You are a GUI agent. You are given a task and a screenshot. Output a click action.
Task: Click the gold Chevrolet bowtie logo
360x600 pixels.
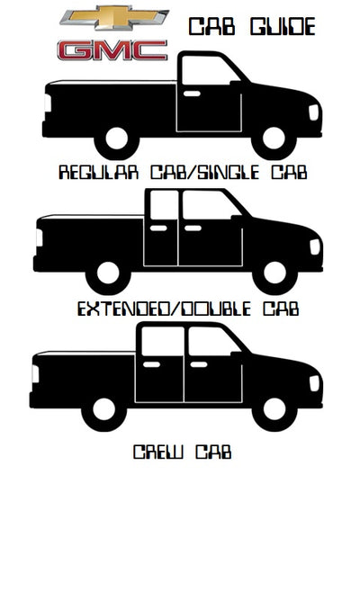click(114, 18)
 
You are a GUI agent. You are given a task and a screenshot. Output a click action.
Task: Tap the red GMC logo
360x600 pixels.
click(112, 50)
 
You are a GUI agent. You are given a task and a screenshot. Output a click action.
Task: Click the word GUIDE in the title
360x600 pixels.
click(283, 27)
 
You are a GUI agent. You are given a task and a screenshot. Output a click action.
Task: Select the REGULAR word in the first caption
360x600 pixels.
click(98, 173)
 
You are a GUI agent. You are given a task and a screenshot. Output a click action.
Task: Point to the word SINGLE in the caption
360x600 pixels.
click(229, 173)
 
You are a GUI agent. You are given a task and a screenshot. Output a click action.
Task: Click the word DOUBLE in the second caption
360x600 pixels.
click(216, 309)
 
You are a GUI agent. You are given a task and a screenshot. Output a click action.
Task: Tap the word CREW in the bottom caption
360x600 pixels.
click(157, 452)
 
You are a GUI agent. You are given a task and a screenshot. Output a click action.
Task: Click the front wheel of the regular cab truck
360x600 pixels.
click(274, 139)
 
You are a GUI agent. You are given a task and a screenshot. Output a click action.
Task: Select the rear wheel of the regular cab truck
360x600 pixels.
click(116, 139)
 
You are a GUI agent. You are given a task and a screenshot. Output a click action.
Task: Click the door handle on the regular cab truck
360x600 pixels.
click(192, 94)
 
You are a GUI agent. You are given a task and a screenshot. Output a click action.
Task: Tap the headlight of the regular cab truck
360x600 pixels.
click(314, 112)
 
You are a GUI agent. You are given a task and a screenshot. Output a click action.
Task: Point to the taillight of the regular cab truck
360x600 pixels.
click(48, 103)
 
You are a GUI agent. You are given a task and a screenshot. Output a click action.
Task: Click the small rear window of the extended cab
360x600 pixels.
click(164, 205)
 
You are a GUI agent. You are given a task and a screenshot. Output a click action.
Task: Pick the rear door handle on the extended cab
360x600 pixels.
click(158, 228)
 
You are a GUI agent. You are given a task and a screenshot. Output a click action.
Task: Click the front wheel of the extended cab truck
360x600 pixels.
click(275, 273)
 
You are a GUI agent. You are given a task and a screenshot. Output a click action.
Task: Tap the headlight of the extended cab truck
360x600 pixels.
click(315, 247)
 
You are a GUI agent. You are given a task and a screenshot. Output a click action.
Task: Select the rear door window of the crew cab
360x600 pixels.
click(162, 341)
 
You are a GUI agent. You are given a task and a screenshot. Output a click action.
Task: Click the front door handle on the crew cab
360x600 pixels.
click(199, 364)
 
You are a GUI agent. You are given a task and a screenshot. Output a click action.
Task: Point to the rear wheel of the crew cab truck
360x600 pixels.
click(103, 409)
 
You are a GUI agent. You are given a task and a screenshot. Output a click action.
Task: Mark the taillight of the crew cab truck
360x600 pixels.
click(35, 374)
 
